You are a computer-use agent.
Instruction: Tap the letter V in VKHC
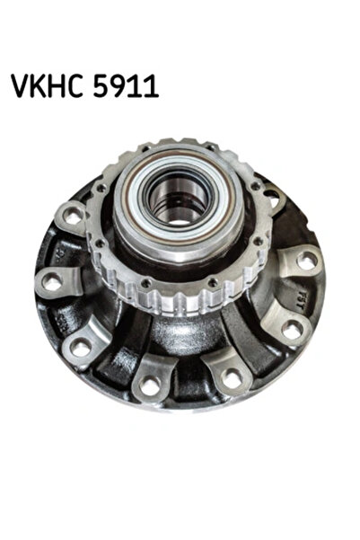20,87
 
